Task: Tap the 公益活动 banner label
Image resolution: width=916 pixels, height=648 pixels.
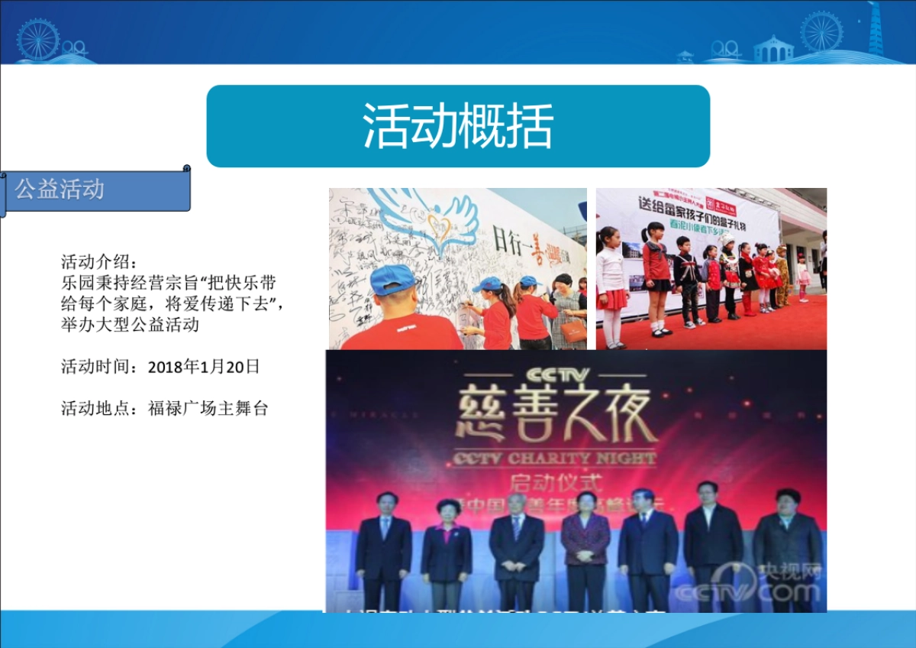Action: coord(60,190)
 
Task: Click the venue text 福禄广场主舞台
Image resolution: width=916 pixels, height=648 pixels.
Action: coord(208,408)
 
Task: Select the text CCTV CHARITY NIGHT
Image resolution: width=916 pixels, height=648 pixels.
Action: coord(555,458)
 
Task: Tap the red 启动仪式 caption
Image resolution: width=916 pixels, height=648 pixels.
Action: coord(556,483)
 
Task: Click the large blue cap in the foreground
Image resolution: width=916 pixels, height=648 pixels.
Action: coord(393,280)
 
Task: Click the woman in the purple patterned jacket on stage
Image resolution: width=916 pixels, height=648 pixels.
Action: coord(585,546)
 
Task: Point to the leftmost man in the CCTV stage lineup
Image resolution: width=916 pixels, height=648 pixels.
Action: coord(383,549)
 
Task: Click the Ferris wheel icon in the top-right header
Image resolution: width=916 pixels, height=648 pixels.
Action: coord(821,32)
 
